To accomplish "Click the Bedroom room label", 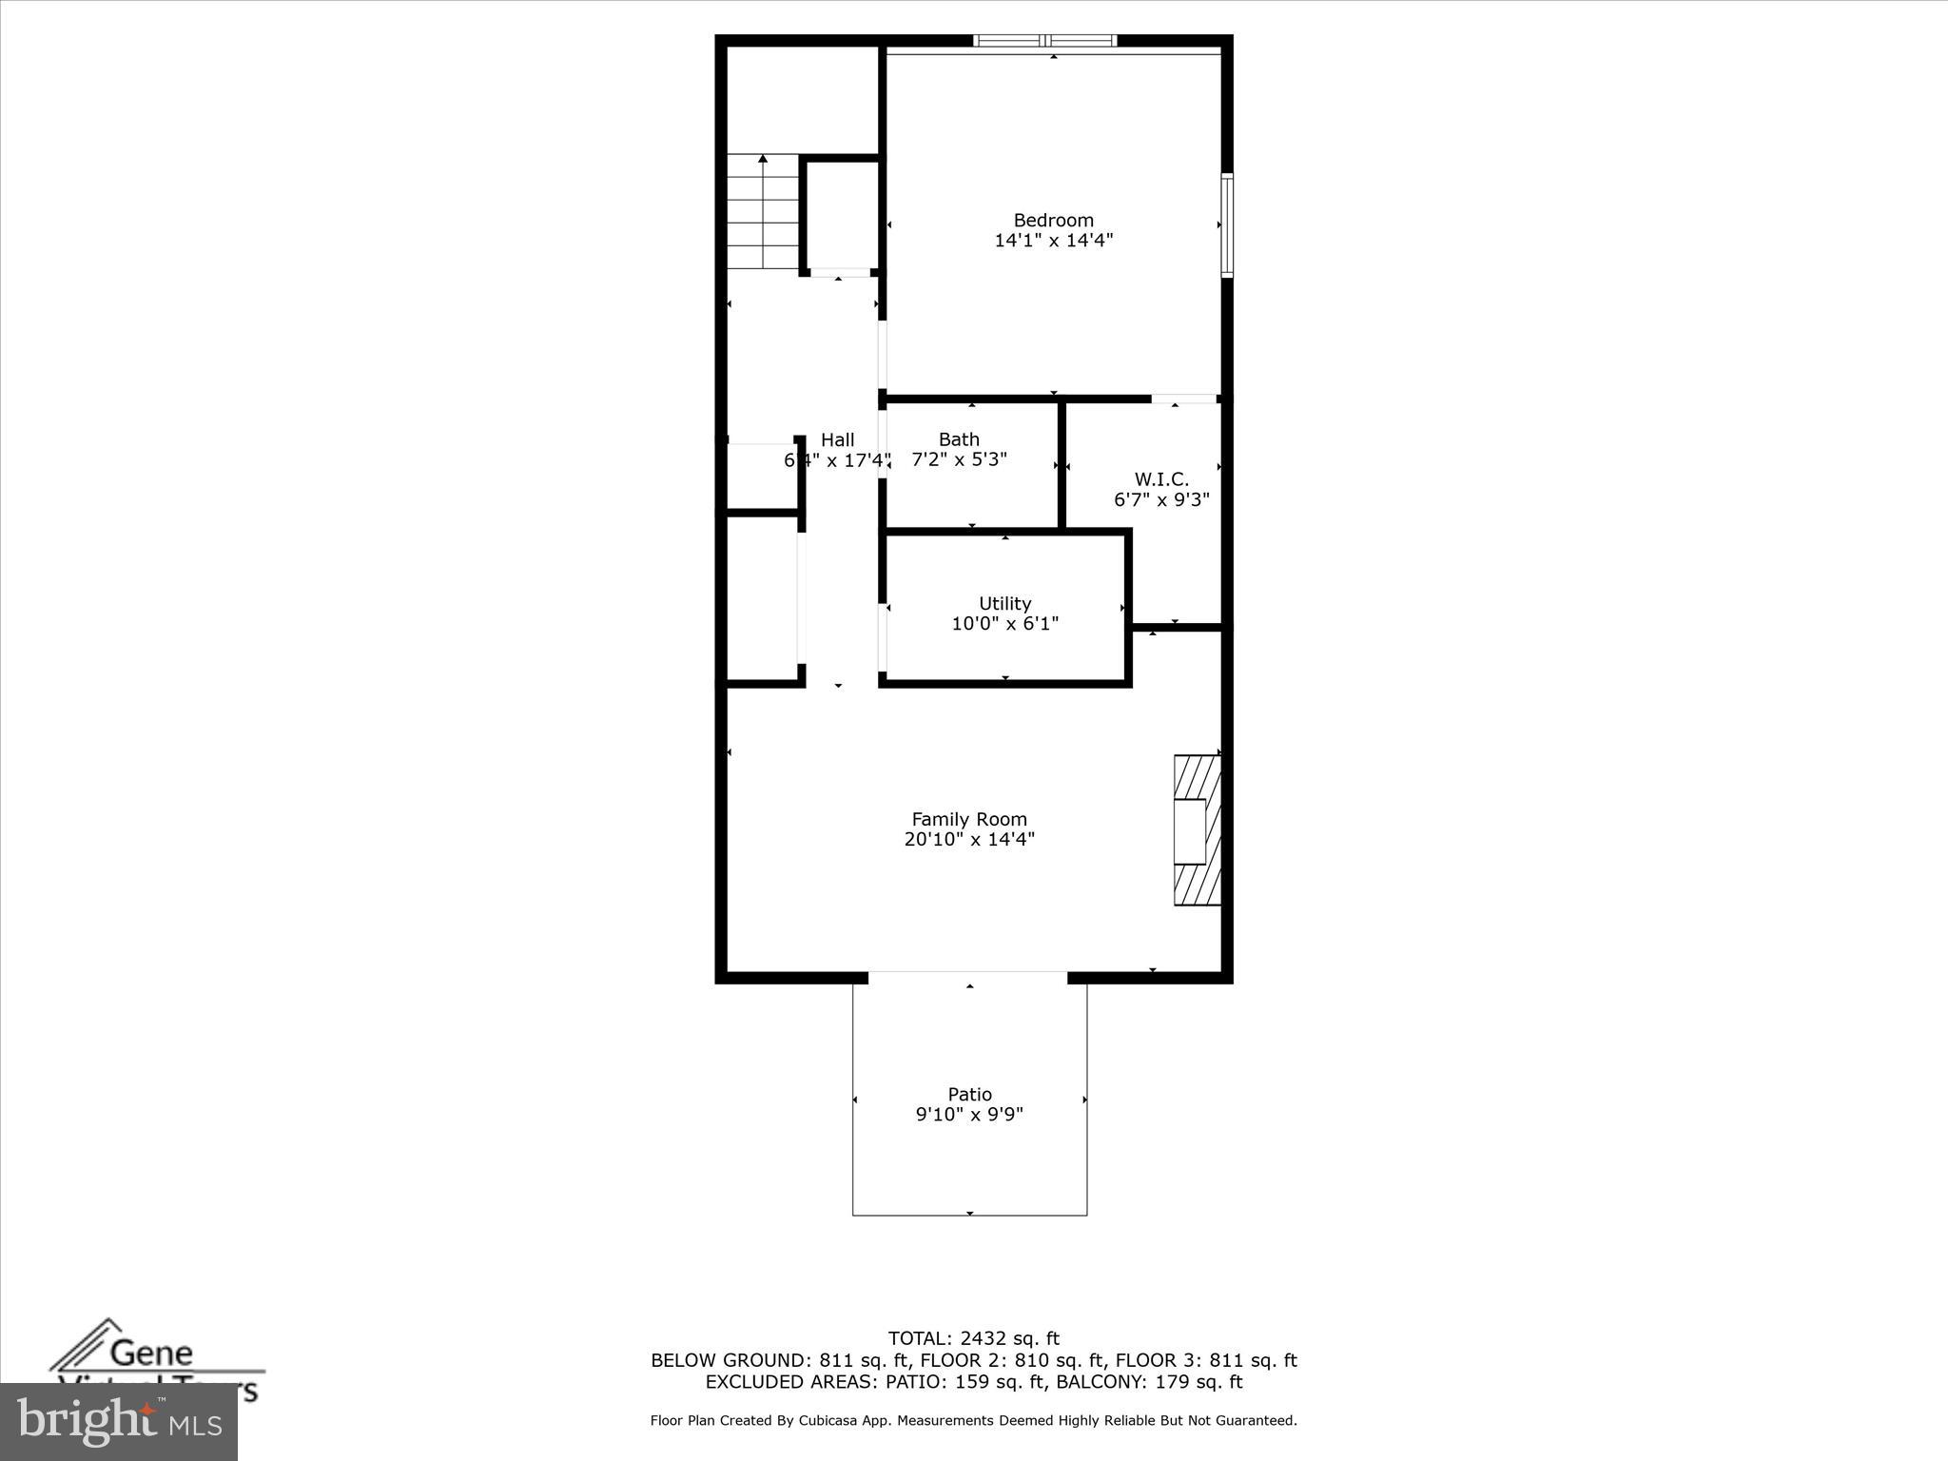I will (1053, 220).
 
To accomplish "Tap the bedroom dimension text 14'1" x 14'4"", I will (1053, 241).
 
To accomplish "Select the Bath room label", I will (958, 439).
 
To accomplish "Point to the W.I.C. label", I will (1161, 479).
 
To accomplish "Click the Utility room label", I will (1004, 603).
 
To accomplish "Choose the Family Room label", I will (968, 819).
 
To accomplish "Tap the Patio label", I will (969, 1094).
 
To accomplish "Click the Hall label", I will (837, 439).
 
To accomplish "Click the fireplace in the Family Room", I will (1197, 830).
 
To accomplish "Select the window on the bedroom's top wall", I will (1045, 41).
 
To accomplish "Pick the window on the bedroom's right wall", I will (1227, 225).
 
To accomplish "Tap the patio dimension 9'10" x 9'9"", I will (969, 1115).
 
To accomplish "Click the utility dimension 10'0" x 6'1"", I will (1004, 624).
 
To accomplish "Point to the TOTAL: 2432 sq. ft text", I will (973, 1339).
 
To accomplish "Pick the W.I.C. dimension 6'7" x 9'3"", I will (1161, 500).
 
